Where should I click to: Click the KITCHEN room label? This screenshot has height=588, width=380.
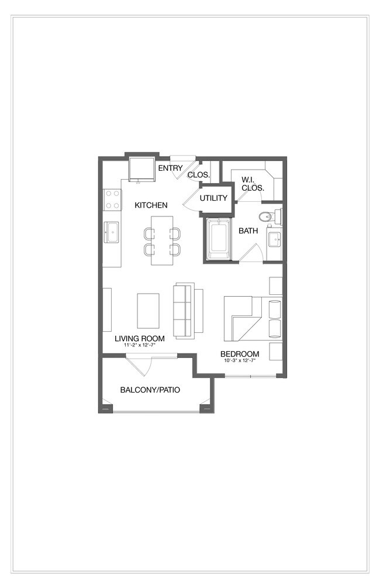tap(151, 205)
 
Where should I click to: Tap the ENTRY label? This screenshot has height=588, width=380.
tap(170, 169)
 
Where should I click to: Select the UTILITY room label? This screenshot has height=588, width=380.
tap(213, 198)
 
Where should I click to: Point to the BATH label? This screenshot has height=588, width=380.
tap(248, 231)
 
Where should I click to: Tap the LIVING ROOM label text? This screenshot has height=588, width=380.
tap(139, 338)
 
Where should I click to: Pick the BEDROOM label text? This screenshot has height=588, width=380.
tap(239, 354)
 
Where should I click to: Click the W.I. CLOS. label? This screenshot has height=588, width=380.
tap(253, 184)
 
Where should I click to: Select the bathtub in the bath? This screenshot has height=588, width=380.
tap(219, 239)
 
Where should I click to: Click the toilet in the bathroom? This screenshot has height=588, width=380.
tap(269, 217)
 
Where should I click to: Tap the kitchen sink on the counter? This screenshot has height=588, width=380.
tap(111, 232)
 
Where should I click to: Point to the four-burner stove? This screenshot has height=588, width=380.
tap(112, 200)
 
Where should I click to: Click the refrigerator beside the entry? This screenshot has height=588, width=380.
tap(142, 169)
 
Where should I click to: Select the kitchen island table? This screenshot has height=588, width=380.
tap(162, 240)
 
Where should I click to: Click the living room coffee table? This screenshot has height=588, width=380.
tap(148, 311)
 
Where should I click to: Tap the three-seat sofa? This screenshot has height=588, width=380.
tap(184, 310)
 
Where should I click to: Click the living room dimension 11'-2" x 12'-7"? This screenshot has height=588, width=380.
tap(139, 345)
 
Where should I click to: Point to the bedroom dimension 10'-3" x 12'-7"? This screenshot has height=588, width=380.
tap(239, 360)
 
